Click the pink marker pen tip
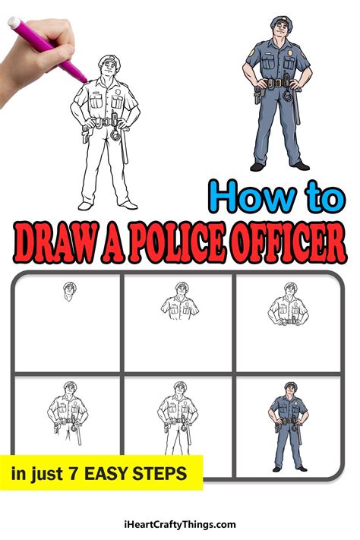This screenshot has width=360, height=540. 81,77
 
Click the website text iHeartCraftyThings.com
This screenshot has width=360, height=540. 180,524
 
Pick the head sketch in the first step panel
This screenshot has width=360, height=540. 69,291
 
